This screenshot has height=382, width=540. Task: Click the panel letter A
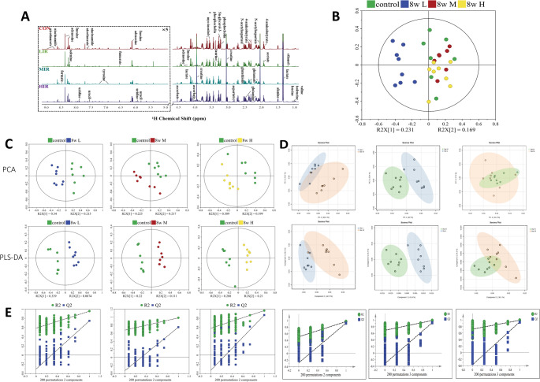click(x=13, y=13)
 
